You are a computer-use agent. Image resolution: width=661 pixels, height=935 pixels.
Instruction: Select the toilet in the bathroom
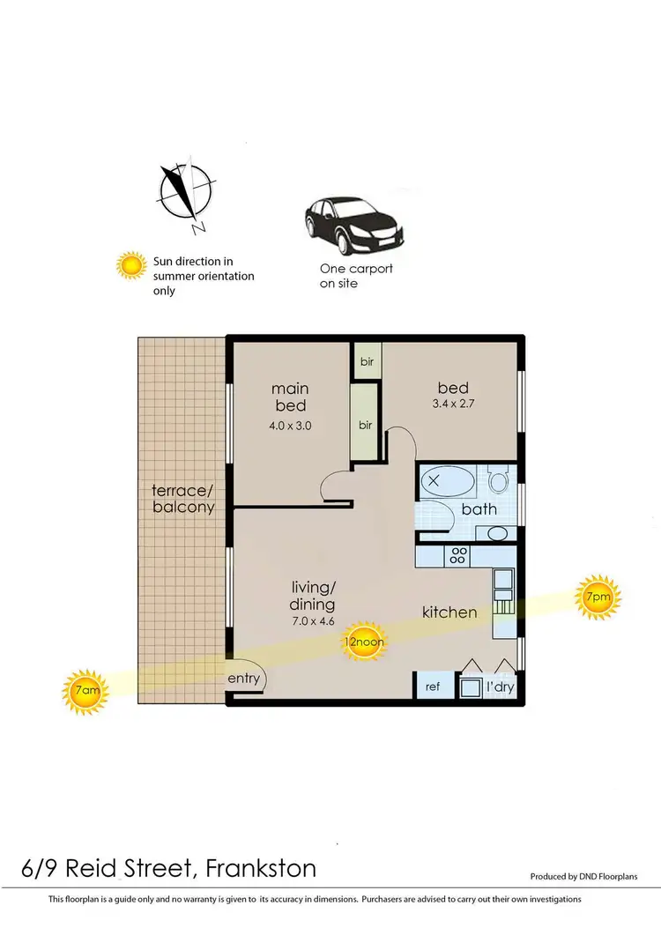(x=499, y=481)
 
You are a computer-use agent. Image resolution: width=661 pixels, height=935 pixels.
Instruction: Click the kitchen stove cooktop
(x=457, y=556)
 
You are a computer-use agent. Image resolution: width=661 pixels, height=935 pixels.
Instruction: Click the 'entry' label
(x=243, y=678)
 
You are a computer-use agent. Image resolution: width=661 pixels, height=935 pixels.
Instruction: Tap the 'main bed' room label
(x=290, y=397)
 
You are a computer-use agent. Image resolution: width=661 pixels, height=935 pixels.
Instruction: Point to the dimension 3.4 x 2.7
(x=454, y=405)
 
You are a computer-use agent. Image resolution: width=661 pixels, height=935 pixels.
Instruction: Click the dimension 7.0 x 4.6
(x=313, y=621)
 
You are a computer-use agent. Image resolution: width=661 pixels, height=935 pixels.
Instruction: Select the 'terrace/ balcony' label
(x=183, y=498)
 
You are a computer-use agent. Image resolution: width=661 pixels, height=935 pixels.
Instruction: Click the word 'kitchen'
(x=449, y=612)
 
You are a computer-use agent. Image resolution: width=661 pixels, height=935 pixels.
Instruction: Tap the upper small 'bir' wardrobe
(x=366, y=361)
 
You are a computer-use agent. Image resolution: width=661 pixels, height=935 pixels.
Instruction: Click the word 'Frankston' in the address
(x=261, y=868)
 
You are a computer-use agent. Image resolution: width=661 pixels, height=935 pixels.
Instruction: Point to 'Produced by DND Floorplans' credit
(x=595, y=877)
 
